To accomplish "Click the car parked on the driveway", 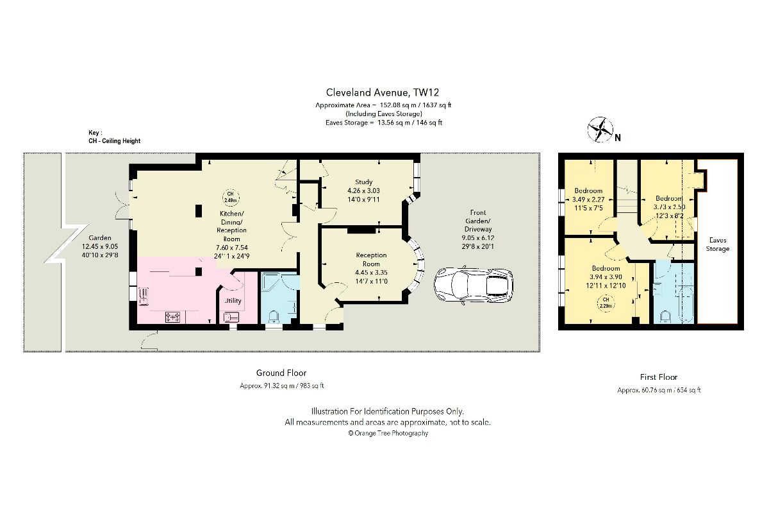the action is coord(474,285).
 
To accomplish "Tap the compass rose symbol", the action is coord(600,130).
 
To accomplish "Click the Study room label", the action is coord(363,182).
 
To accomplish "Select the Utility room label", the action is coord(233,300).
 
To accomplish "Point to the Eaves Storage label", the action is coord(718,244).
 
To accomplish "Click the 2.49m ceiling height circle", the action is coord(231,198).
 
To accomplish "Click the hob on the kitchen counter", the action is coord(172,316).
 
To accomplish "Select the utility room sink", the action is coord(231,317).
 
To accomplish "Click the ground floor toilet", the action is coord(274,318).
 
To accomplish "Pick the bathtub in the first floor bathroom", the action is coord(686,305).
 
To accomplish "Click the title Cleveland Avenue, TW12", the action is coord(383,92).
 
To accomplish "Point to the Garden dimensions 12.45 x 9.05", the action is coord(100,246).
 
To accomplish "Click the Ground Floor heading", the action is coord(281,373).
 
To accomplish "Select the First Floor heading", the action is coord(659,377).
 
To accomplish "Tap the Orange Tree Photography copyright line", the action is coord(388,433).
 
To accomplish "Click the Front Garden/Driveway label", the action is coord(478,221).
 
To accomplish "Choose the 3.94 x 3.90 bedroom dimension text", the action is coord(606,277).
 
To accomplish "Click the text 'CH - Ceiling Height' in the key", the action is coord(114,141).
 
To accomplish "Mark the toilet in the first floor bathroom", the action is coord(665,316).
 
